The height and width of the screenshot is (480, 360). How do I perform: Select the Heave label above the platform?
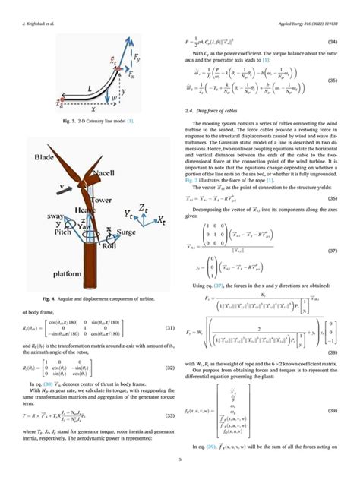pos(85,208)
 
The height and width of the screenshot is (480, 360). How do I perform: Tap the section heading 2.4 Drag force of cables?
pos(215,112)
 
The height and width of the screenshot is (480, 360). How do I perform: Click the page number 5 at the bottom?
pos(180,459)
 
